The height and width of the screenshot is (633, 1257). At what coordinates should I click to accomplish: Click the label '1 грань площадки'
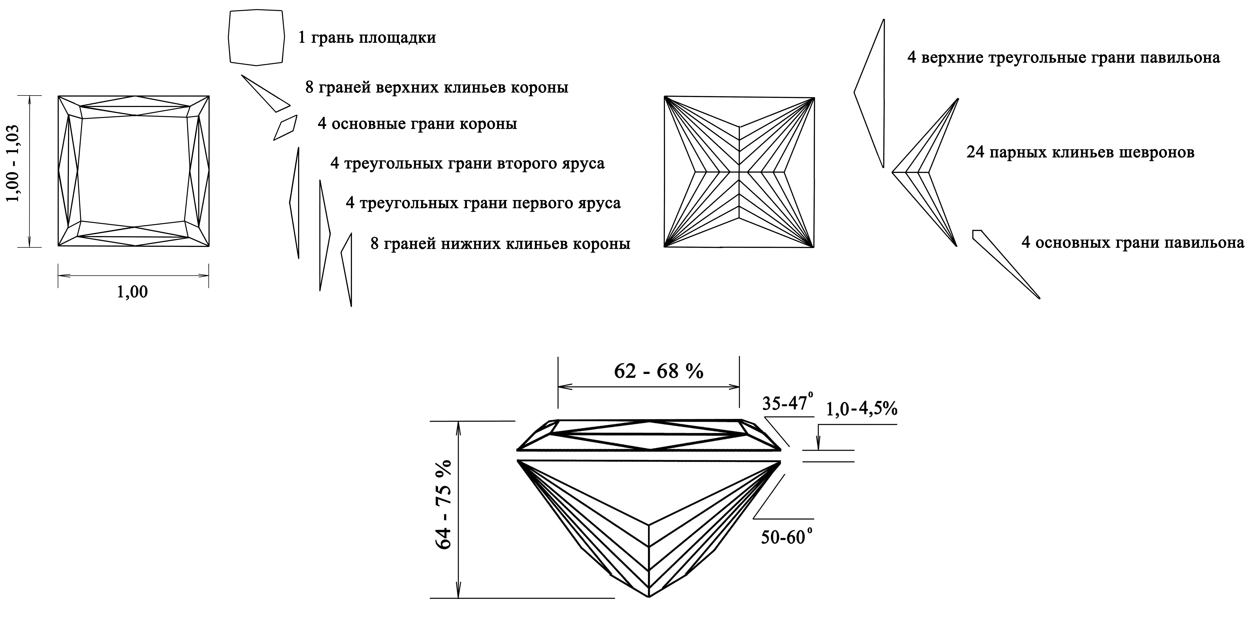coord(367,38)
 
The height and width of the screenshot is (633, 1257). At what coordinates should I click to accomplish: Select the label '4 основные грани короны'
coord(417,124)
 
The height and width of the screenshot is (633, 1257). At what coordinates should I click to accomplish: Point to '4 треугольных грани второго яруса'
coord(467,163)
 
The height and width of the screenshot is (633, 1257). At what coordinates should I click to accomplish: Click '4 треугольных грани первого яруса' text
coord(483,203)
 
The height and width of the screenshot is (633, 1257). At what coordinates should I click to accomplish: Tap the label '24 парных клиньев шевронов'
coord(1080,153)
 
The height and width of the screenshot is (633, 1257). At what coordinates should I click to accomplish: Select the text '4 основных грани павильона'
coord(1133,243)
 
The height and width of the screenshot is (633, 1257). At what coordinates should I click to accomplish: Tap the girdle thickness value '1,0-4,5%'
coord(861,409)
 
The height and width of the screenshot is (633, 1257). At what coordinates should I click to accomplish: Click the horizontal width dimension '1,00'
coord(132,292)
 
